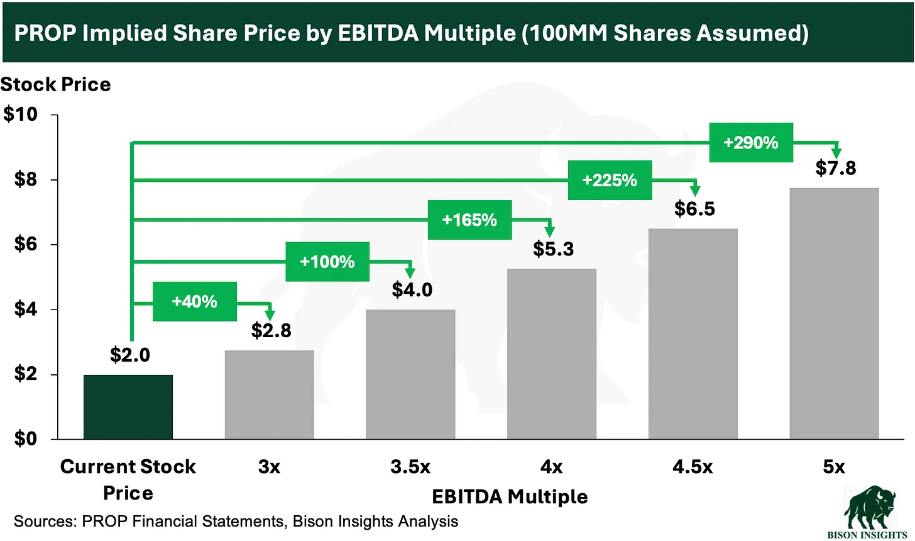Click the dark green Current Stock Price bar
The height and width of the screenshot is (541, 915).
point(128,407)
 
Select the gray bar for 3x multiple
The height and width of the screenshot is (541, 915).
point(269,394)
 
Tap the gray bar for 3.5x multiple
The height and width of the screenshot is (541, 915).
point(410,374)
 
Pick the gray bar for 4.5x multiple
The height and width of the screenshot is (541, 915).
point(693,333)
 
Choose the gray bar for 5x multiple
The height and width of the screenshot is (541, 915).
point(834,313)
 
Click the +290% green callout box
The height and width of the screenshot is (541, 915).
point(751,143)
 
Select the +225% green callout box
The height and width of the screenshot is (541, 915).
point(610,181)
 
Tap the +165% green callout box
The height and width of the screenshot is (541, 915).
point(469,220)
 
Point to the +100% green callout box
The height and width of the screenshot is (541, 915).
point(327,262)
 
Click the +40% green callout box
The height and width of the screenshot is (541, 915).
point(195,301)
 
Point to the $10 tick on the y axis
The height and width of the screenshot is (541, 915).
point(21,114)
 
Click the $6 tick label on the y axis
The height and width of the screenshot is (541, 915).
point(26,244)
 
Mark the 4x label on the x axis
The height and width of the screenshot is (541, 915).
point(551,467)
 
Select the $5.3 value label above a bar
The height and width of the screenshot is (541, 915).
point(553,249)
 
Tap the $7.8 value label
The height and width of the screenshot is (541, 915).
point(835,168)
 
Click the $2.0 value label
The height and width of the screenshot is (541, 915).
point(130,355)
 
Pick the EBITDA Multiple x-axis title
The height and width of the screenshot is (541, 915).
point(510,497)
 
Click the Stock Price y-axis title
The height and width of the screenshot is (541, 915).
point(56,84)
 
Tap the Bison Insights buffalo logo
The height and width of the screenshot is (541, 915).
point(867,508)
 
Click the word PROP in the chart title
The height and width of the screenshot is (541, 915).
point(45,33)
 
